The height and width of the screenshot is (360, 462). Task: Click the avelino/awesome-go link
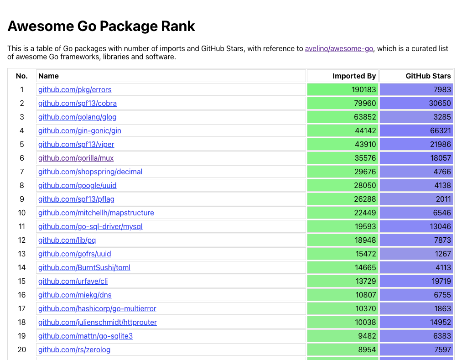click(339, 49)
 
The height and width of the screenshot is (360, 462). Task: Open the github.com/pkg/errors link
click(75, 89)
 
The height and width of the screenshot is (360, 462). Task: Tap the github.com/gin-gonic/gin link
click(80, 130)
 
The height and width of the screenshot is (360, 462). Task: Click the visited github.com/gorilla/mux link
click(76, 158)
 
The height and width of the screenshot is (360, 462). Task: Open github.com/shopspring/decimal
click(90, 172)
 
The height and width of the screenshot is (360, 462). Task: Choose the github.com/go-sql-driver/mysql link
click(90, 226)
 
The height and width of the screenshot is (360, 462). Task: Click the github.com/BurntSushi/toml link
click(84, 267)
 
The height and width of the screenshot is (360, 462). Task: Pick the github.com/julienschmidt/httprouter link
click(98, 322)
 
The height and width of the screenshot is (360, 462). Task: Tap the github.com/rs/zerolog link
click(74, 350)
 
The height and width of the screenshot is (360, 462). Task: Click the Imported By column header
click(354, 76)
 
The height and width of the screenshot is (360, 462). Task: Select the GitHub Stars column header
click(428, 76)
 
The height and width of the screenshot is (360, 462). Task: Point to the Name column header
click(48, 76)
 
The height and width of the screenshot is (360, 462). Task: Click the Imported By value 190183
click(363, 89)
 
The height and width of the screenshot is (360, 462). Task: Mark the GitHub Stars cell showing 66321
click(440, 130)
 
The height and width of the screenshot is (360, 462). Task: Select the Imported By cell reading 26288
click(365, 199)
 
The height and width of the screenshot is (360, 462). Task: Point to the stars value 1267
click(442, 254)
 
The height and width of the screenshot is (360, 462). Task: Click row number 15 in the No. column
click(22, 281)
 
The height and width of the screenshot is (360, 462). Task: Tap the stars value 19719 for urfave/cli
click(440, 281)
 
